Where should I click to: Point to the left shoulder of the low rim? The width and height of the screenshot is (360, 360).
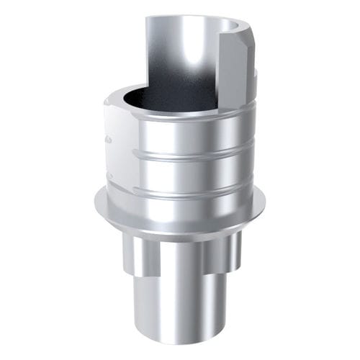(x=108, y=101)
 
